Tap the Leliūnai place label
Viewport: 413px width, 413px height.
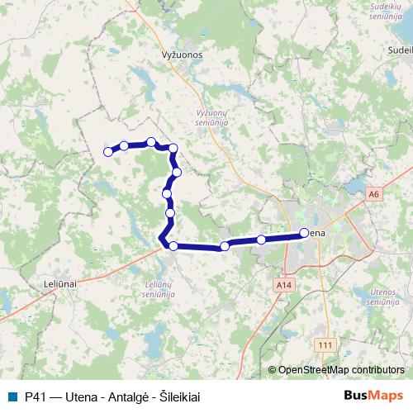tap(59, 282)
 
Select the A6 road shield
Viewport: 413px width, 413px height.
tap(374, 194)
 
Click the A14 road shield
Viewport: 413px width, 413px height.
tap(284, 284)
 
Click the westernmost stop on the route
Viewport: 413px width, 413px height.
tap(107, 151)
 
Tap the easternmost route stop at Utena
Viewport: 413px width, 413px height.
tap(304, 233)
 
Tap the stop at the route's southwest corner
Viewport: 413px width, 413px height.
tap(173, 245)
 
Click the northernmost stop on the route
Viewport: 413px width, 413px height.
tap(151, 142)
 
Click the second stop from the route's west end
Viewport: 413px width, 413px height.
tap(124, 146)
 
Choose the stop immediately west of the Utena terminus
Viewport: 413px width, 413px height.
tap(261, 240)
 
